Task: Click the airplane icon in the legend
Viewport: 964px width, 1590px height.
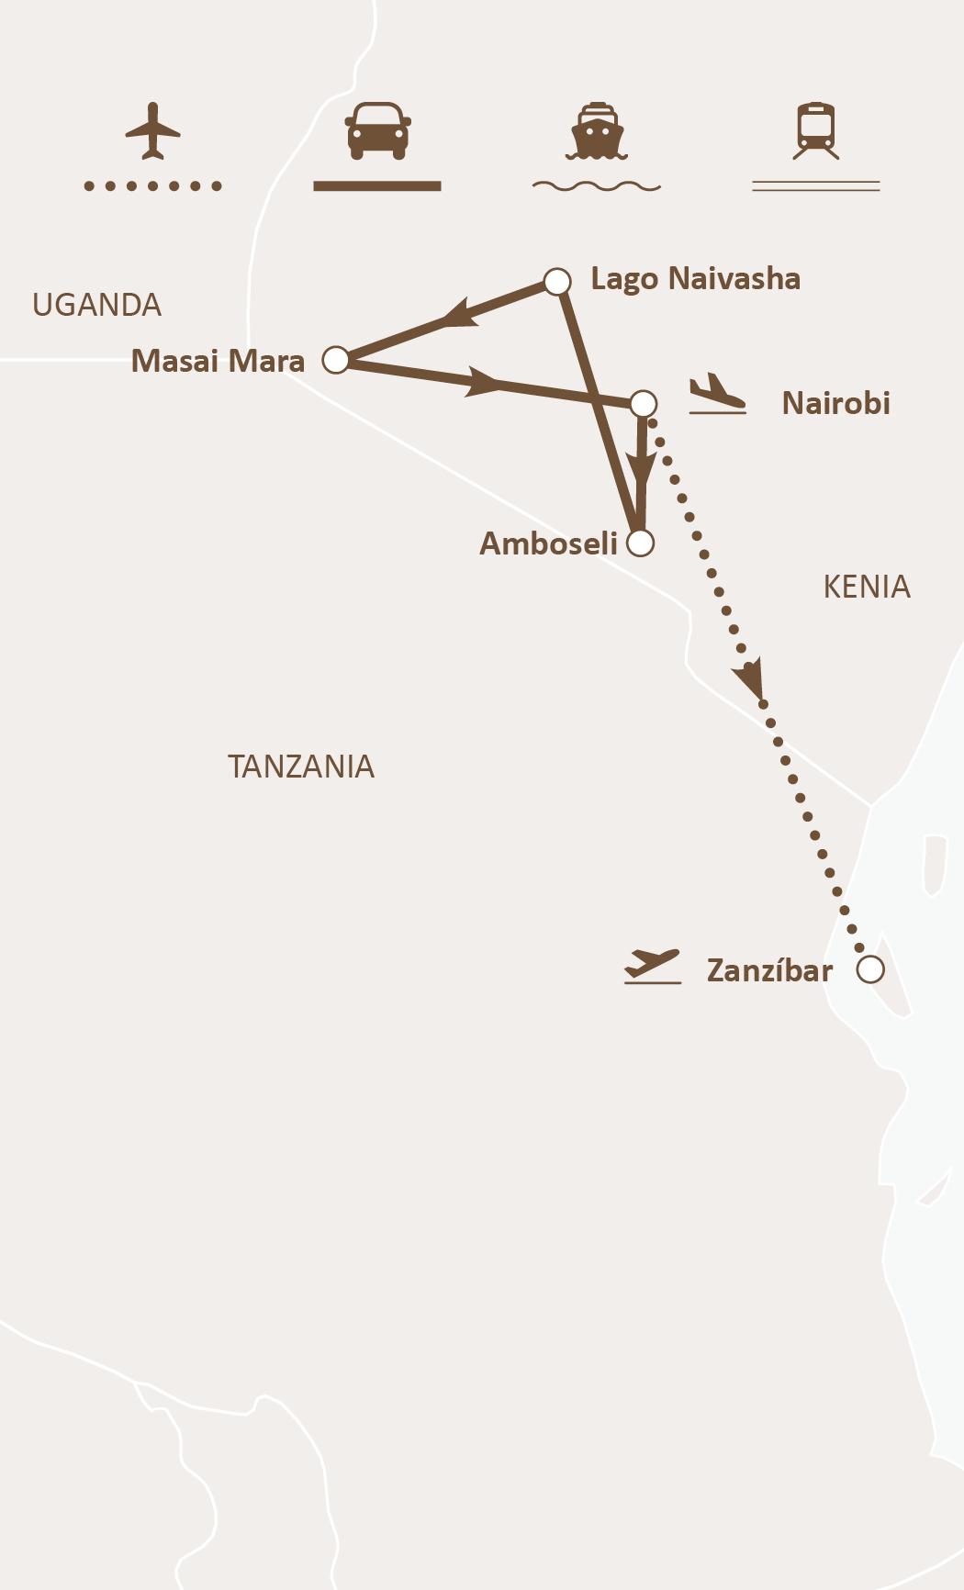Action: tap(152, 131)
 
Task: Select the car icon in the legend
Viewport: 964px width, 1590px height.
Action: tap(377, 129)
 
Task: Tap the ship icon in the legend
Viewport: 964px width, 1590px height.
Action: tap(597, 131)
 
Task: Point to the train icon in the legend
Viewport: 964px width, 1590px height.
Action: tap(816, 130)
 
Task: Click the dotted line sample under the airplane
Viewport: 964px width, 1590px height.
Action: tap(152, 186)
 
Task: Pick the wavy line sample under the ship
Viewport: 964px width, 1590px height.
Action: tap(597, 186)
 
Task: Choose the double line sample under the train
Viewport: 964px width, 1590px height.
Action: tap(816, 186)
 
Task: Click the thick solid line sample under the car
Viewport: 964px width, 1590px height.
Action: tap(377, 186)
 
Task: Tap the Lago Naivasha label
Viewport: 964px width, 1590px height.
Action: tap(695, 278)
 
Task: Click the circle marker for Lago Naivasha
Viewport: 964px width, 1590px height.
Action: tap(557, 281)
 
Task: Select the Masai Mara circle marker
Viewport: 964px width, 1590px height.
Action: tap(336, 360)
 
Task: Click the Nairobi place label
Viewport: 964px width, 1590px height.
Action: tap(835, 403)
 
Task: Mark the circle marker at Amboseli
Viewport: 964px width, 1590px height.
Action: tap(640, 543)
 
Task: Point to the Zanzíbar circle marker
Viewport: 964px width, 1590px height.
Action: tap(870, 969)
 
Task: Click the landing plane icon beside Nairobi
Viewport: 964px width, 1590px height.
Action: tap(717, 394)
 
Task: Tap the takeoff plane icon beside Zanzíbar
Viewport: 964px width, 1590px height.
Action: tap(653, 967)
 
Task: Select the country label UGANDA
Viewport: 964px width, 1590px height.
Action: tap(96, 305)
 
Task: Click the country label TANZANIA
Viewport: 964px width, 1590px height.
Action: tap(300, 767)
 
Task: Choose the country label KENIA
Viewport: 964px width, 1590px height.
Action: tap(866, 587)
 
